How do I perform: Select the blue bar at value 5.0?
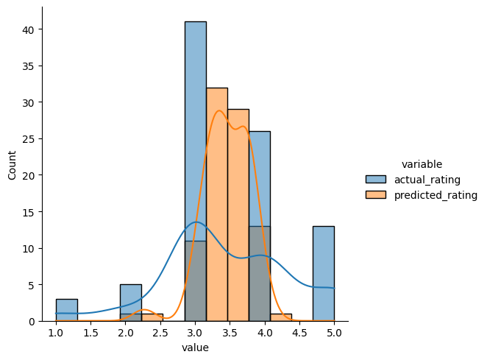323,273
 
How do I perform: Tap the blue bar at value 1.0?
66,310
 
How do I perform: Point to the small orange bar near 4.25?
280,317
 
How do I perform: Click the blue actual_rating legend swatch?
375,179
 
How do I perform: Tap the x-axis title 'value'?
195,348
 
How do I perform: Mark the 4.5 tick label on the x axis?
299,333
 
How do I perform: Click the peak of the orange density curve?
218,110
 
